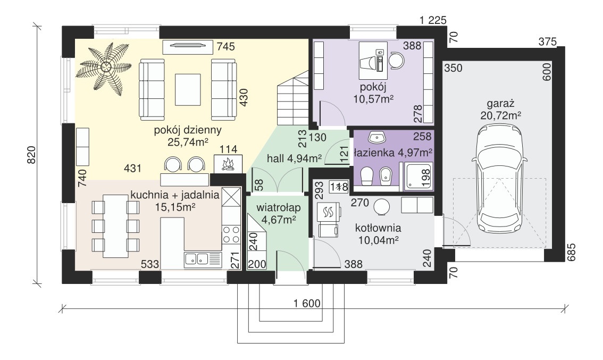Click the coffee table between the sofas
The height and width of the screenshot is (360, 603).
(x=188, y=90)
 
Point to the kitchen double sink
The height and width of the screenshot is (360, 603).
(x=203, y=259)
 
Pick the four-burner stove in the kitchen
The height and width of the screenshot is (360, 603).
(x=231, y=235)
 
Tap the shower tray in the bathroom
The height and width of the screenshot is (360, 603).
(x=419, y=176)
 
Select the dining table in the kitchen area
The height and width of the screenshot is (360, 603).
(x=115, y=226)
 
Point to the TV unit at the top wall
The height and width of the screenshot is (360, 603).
(x=188, y=47)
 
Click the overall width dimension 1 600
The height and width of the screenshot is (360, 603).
(x=306, y=304)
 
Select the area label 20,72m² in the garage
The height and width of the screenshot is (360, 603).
(x=500, y=115)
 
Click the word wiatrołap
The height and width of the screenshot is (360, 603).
(x=279, y=208)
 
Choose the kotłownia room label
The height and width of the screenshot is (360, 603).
(x=378, y=228)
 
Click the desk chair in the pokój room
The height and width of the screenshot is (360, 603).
(x=396, y=60)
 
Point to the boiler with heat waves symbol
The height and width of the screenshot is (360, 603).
(x=329, y=211)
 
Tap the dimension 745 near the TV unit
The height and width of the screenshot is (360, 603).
(x=226, y=47)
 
